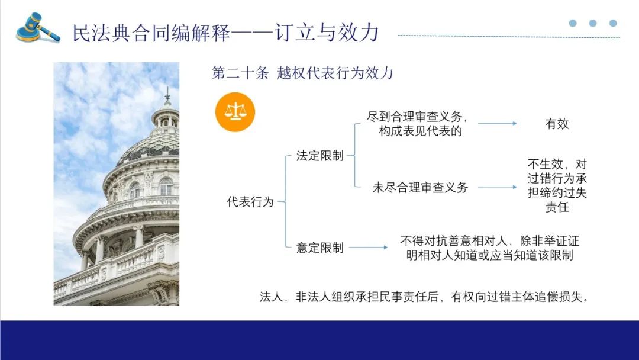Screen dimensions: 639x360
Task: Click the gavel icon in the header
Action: (x=38, y=28)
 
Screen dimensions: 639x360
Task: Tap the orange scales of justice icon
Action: (x=235, y=112)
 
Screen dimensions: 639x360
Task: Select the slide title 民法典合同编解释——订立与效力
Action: (x=226, y=33)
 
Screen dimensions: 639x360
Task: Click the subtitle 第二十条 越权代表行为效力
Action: (x=302, y=73)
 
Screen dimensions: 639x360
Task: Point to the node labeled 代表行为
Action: (x=250, y=201)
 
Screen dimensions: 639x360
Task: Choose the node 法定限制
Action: (x=320, y=155)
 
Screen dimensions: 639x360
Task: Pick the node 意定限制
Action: (x=320, y=247)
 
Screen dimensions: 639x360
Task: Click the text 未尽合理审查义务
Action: (x=420, y=187)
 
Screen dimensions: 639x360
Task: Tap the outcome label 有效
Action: (x=557, y=124)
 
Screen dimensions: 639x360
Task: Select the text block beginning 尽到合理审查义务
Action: (x=417, y=124)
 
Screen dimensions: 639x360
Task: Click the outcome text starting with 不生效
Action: (x=557, y=185)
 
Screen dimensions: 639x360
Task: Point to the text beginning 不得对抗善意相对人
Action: (x=489, y=248)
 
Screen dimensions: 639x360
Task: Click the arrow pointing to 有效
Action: (x=497, y=123)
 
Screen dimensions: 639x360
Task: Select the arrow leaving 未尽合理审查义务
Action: (x=497, y=187)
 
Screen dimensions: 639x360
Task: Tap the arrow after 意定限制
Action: (x=369, y=247)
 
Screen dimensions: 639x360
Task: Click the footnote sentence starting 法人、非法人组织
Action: (x=424, y=297)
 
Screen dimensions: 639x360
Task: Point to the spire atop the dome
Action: (x=167, y=97)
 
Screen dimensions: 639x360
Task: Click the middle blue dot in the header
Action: (x=593, y=23)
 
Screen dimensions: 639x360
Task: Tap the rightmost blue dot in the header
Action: (x=613, y=23)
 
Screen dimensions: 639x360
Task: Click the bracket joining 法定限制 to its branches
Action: (x=354, y=155)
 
